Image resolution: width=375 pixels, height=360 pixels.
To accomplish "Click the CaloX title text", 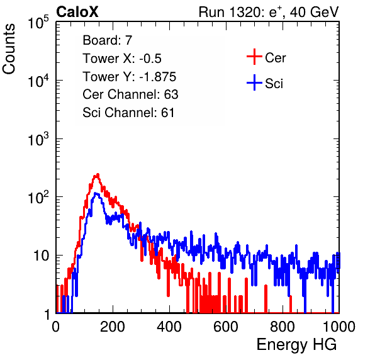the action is pos(77,11).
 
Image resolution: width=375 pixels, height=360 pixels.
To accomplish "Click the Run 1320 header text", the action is pos(269,12).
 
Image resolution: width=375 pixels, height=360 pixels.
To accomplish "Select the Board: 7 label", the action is pos(107,40).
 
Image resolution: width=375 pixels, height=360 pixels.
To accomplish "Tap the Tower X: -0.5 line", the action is pos(122,59).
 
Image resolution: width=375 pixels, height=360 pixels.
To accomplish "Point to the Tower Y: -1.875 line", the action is pos(130,77).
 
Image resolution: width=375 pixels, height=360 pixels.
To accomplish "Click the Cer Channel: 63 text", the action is pos(130,94).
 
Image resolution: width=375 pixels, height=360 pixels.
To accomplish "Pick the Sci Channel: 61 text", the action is pos(128,113).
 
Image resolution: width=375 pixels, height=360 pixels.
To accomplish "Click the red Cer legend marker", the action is pos(254,57).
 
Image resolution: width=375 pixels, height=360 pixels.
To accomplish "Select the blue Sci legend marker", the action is pos(254,82).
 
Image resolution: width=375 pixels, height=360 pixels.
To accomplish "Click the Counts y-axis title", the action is pos(9,49).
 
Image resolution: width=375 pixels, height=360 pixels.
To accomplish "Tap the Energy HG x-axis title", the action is pos(296,344).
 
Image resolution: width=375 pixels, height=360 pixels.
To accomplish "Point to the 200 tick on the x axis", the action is pos(113,327).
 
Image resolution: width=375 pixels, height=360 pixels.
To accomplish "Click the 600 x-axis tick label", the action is pos(226,327).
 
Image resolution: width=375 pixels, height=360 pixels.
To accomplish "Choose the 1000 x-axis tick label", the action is pos(339,327).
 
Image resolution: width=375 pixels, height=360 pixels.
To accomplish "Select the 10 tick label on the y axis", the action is pos(41,256).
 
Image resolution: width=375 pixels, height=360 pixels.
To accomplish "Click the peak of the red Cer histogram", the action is pos(98,174).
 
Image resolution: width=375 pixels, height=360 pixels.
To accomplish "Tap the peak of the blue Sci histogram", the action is pos(96,193).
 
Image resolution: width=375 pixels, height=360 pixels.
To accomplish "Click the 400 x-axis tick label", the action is pos(169,327).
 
